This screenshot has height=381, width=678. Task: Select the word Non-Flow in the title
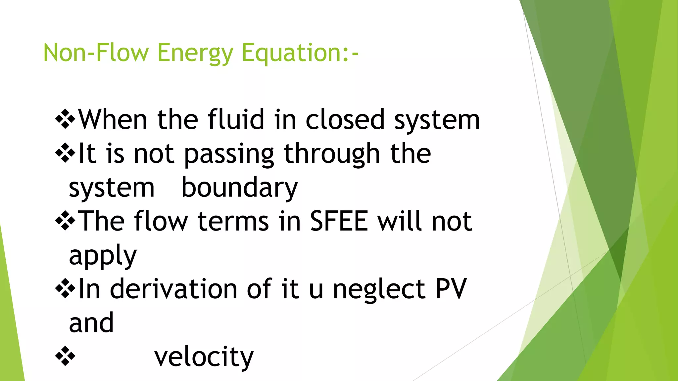(96, 53)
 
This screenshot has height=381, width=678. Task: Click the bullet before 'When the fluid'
(65, 119)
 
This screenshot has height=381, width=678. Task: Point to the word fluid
(236, 119)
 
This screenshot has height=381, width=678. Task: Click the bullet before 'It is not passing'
(65, 153)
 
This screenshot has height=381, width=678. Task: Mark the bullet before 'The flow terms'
(65, 221)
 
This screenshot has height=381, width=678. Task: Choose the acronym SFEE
(339, 221)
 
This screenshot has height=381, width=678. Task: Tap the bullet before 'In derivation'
(65, 289)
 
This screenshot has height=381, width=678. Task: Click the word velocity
(204, 357)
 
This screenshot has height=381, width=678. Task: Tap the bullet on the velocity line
(65, 356)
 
